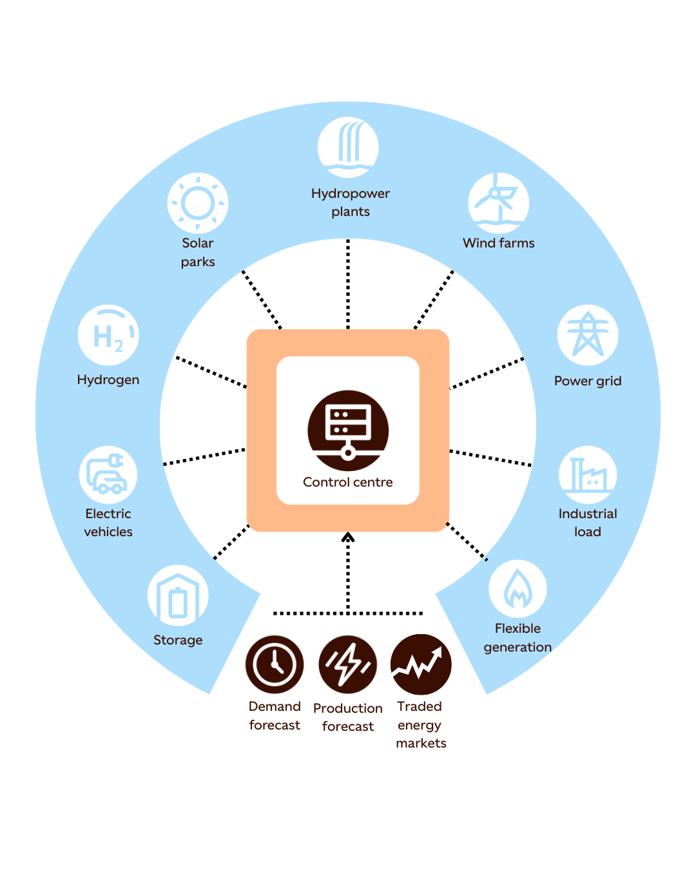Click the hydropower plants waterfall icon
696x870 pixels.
[348, 147]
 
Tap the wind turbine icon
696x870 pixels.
[499, 202]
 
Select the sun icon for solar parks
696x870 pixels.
[198, 203]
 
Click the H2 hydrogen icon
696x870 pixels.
[108, 335]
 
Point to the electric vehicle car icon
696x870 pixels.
[108, 475]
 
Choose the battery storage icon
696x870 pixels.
[178, 595]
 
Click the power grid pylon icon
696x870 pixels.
[588, 335]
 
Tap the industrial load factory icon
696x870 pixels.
[588, 475]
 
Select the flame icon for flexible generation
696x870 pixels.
[517, 589]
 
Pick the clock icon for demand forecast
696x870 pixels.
[275, 664]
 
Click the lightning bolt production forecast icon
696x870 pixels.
[348, 664]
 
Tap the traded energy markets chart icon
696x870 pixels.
[421, 664]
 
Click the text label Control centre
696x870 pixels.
[348, 482]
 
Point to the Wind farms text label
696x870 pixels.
[499, 243]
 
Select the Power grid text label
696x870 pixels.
[588, 381]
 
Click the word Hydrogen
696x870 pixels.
[108, 380]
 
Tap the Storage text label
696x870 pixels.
[178, 640]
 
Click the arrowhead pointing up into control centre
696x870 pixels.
[348, 537]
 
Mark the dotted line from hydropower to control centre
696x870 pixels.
[348, 284]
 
